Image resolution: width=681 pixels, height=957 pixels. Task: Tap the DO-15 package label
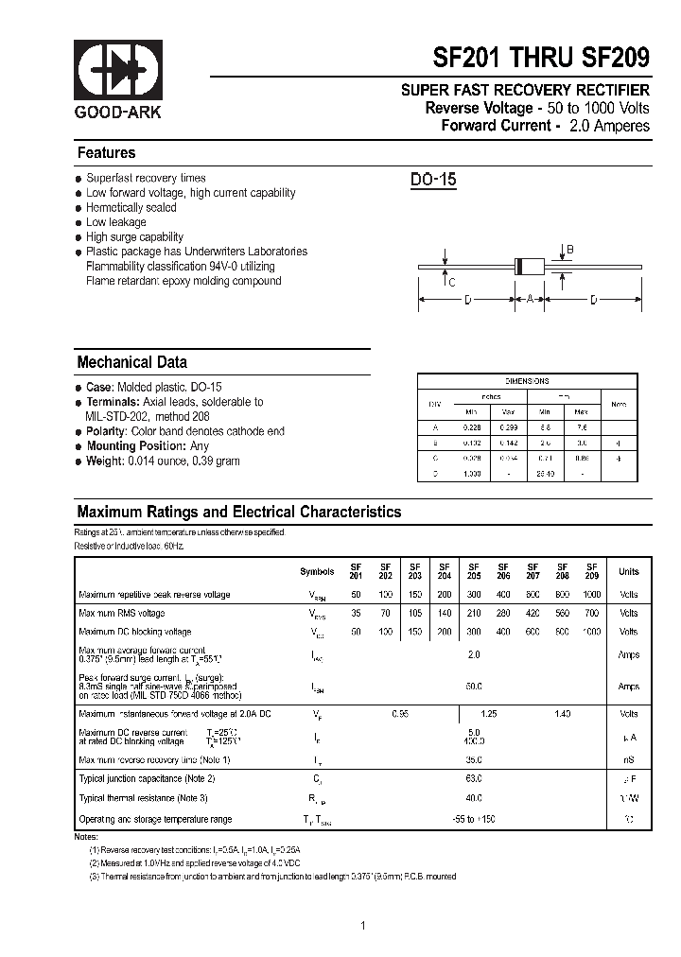[433, 180]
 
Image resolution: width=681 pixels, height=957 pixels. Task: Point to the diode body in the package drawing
[530, 268]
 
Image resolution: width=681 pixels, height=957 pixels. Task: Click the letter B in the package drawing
[569, 250]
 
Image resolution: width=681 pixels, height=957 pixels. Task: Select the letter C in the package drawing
[452, 283]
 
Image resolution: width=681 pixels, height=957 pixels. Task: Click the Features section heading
[106, 153]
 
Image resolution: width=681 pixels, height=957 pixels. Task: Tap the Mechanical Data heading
[131, 362]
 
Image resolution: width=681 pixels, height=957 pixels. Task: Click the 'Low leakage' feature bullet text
[115, 222]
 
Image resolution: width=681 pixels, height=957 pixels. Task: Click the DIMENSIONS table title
[527, 381]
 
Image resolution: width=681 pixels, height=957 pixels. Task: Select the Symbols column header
[317, 572]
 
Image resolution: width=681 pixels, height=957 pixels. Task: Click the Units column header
[628, 572]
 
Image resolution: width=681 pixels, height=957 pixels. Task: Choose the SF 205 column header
[474, 571]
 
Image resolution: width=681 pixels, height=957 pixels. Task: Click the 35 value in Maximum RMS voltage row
[356, 613]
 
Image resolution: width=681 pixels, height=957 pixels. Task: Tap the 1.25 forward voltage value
[488, 714]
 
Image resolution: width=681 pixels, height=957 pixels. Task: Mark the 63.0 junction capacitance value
[474, 778]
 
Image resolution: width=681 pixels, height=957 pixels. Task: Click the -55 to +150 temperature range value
[474, 819]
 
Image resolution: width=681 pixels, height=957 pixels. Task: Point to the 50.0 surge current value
[474, 687]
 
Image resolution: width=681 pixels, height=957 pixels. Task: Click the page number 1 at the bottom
[362, 925]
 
